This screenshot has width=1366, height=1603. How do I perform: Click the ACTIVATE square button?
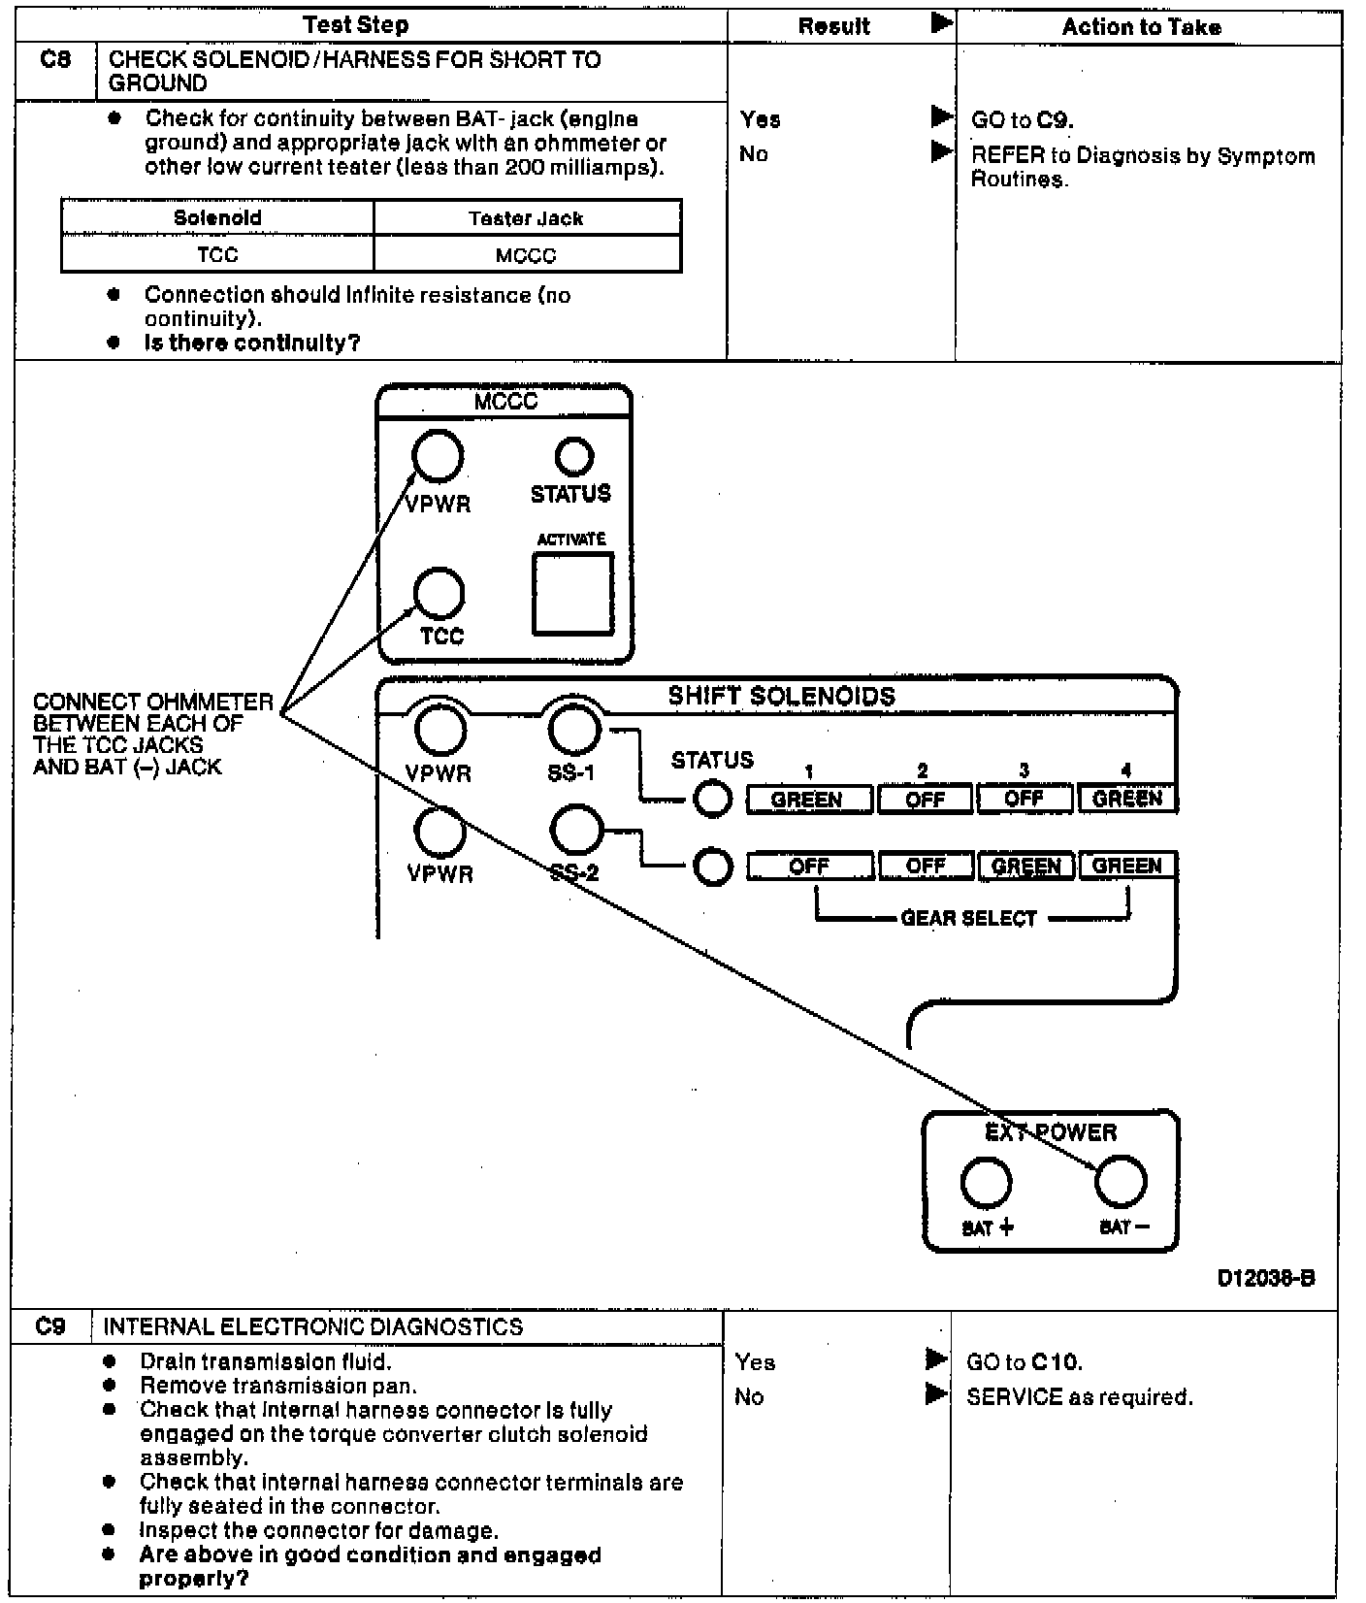[x=572, y=593]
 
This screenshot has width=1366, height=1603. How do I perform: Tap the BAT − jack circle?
[x=1121, y=1182]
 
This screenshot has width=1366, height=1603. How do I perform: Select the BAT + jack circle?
[x=986, y=1183]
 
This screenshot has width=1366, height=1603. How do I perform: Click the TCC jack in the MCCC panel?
[x=439, y=593]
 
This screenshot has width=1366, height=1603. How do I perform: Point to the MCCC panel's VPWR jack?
[x=438, y=456]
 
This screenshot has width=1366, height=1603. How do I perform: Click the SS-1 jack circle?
[x=574, y=729]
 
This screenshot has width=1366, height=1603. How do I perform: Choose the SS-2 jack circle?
[x=576, y=830]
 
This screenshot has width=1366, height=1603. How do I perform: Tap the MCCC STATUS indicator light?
[x=573, y=456]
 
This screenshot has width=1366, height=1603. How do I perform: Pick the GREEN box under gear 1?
[x=807, y=800]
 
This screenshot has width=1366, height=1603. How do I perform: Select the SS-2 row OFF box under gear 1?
[x=809, y=866]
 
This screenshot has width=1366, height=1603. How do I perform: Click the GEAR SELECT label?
[x=968, y=918]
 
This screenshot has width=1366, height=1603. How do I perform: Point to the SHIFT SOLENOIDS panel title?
[x=781, y=696]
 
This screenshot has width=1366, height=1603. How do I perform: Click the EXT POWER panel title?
[x=1051, y=1132]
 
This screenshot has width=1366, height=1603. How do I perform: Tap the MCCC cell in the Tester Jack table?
[x=526, y=255]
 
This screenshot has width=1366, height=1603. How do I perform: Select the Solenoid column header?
[x=217, y=217]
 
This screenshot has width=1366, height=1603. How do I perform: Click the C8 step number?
[x=55, y=59]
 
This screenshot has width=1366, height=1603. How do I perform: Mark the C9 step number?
[x=50, y=1326]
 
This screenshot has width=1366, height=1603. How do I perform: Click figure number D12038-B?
[x=1265, y=1278]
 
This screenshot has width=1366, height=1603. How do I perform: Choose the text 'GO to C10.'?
[x=1024, y=1362]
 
